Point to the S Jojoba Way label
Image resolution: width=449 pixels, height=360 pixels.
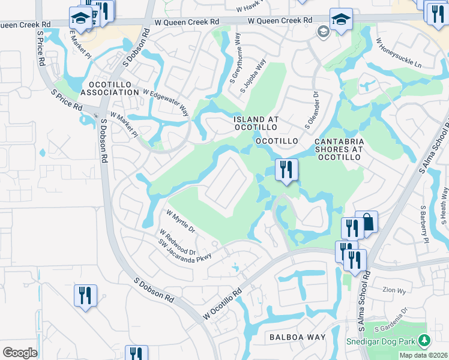coord(252,76)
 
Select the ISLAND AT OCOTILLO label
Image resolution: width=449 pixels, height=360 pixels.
coord(256,124)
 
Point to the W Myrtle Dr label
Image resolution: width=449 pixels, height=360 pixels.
coord(181,221)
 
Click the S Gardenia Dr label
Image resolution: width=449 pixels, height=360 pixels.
coord(391,319)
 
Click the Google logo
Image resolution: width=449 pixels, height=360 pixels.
coord(20,352)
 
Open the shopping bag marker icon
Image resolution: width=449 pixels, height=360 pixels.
coord(366,222)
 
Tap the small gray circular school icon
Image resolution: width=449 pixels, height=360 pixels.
coord(324,32)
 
